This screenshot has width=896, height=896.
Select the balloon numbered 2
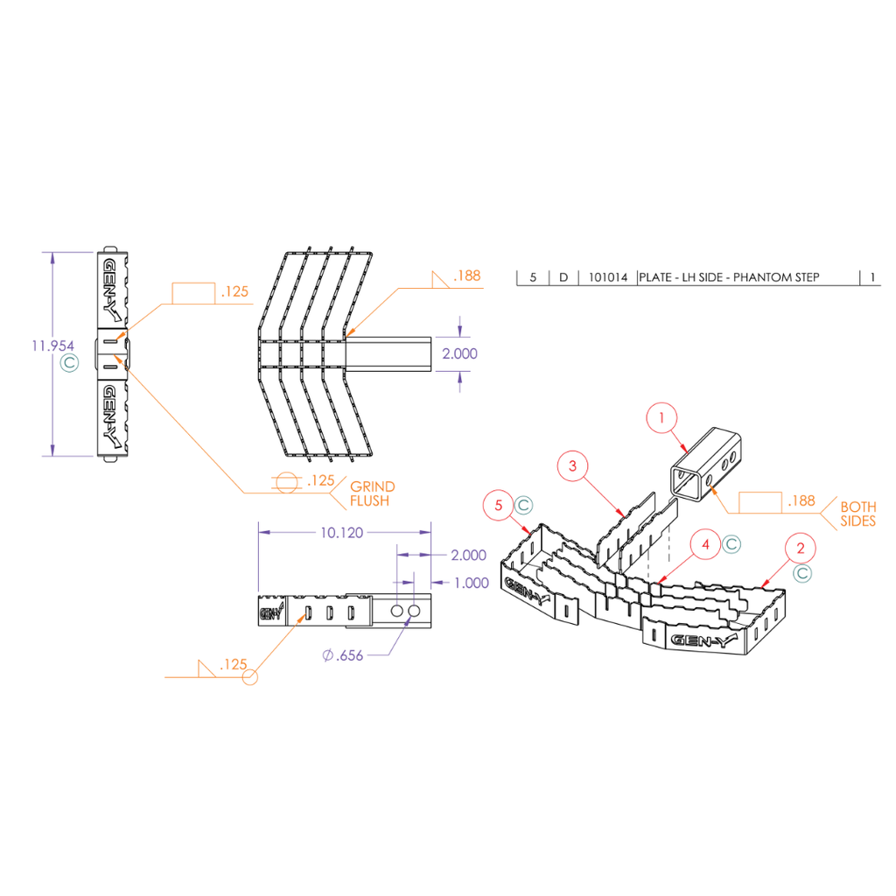coord(800,549)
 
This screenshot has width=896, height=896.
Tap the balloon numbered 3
coord(572,465)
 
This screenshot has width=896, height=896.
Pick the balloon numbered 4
coord(705,544)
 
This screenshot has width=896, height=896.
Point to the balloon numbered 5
coord(499,505)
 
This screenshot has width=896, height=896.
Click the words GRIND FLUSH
coord(372,493)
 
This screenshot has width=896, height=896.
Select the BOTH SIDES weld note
coord(857,514)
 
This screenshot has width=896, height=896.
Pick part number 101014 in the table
coord(607,277)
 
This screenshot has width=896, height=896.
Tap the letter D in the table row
coord(563,277)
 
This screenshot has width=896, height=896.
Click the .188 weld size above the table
coord(467,276)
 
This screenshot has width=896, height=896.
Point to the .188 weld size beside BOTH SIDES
coord(801,501)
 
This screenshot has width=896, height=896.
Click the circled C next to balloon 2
coord(802,573)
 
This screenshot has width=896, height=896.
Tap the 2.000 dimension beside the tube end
coord(460,353)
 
